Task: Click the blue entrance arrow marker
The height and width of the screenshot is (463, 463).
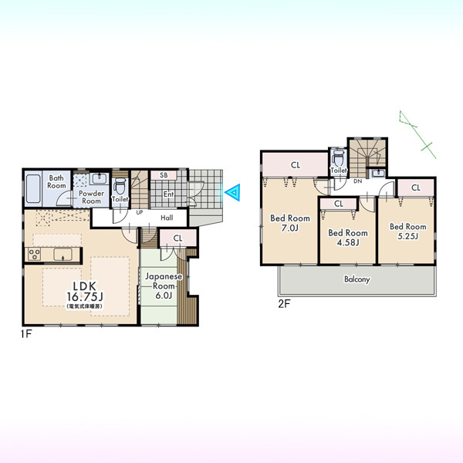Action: click(233, 192)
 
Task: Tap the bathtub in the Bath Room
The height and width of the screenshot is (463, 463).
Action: click(33, 189)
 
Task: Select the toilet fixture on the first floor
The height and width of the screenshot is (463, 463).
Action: click(120, 186)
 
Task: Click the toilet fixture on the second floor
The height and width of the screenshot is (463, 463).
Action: click(339, 158)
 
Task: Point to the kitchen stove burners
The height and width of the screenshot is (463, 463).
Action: click(34, 254)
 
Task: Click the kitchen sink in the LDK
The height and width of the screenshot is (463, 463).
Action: click(63, 255)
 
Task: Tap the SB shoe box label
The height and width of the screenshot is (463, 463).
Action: click(164, 175)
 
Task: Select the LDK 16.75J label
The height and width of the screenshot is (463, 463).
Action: click(85, 291)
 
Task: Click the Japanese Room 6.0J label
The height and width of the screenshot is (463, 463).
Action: click(164, 286)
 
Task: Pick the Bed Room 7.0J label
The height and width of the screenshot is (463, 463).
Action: click(290, 223)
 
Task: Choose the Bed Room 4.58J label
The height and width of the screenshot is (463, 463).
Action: click(348, 238)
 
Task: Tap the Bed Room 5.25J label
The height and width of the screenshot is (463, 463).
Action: click(407, 231)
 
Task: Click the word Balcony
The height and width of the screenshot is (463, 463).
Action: click(357, 279)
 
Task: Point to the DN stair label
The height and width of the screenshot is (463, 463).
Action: click(358, 181)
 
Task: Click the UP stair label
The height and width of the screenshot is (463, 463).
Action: click(140, 212)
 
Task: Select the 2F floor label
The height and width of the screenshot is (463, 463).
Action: click(284, 304)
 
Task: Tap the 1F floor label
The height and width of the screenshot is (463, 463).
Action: click(26, 334)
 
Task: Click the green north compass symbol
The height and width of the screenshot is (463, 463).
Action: click(417, 134)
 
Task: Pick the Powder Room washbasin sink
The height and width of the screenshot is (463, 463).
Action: click(100, 179)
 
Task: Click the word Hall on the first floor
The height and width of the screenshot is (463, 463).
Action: click(167, 218)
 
